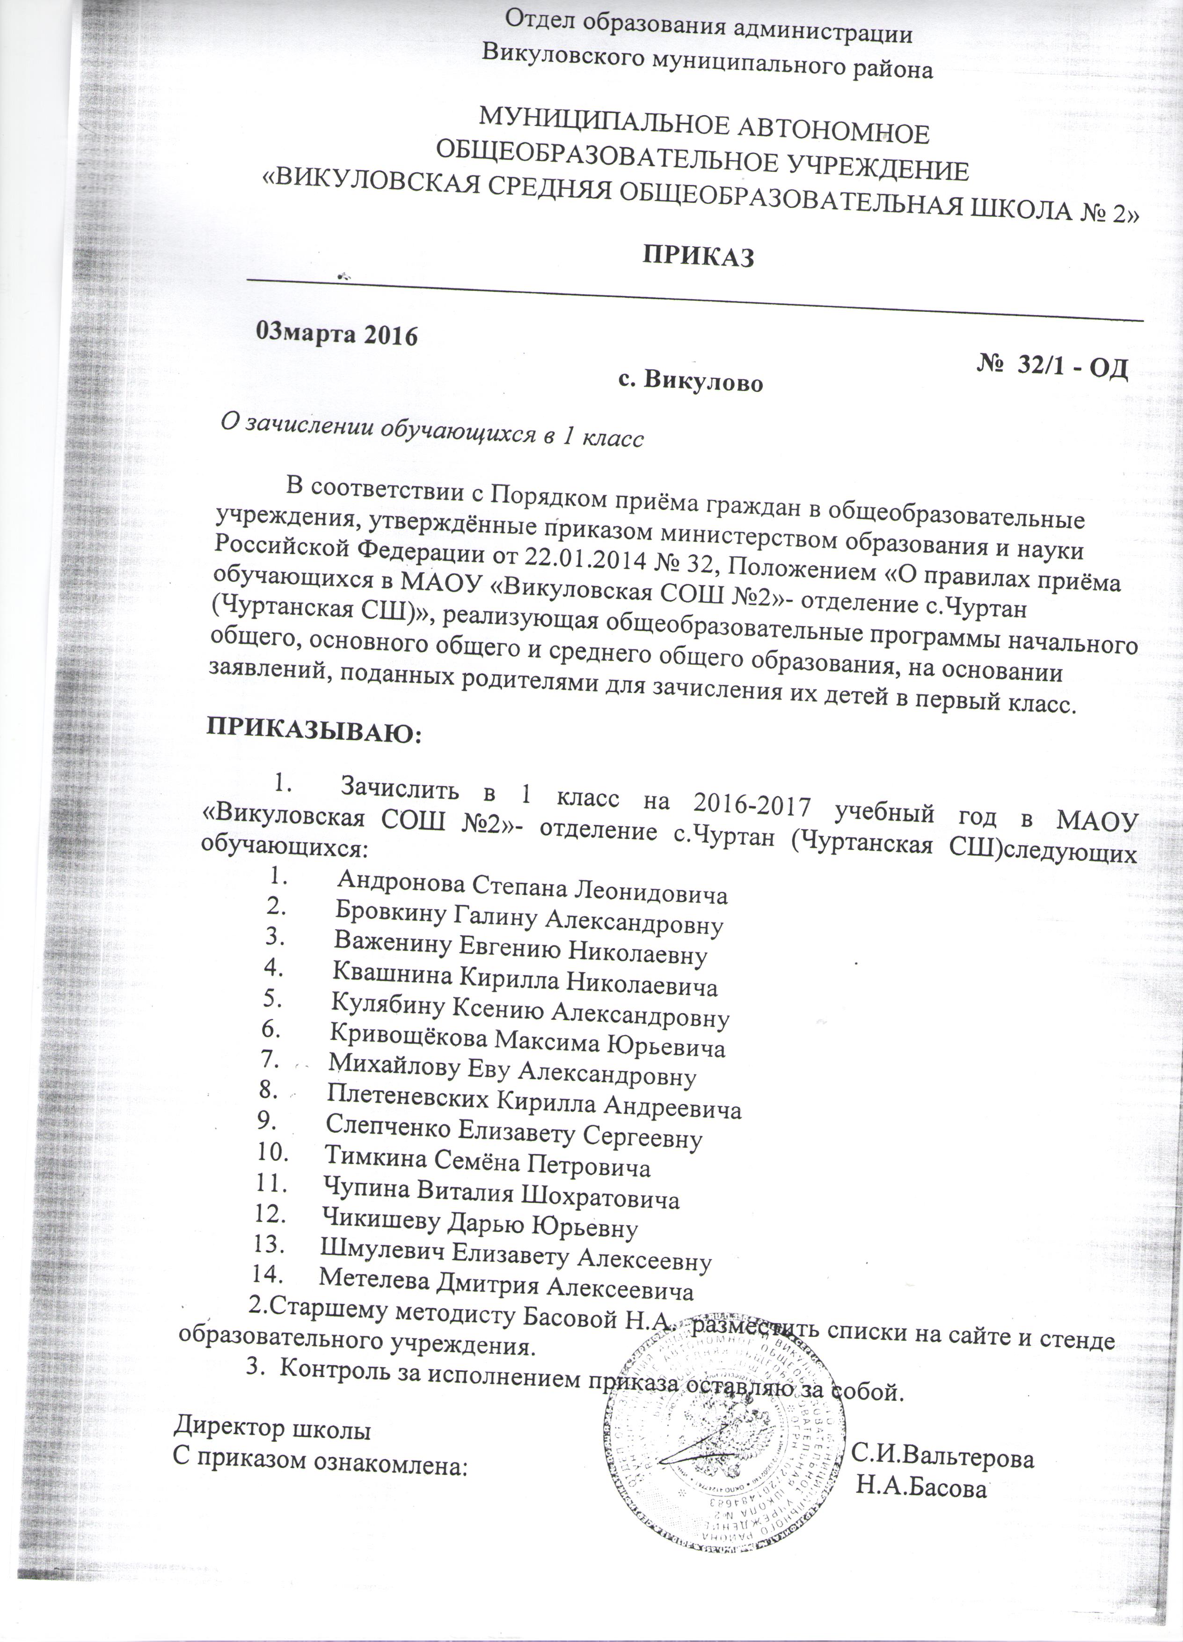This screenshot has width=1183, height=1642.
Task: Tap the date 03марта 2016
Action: tap(338, 334)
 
